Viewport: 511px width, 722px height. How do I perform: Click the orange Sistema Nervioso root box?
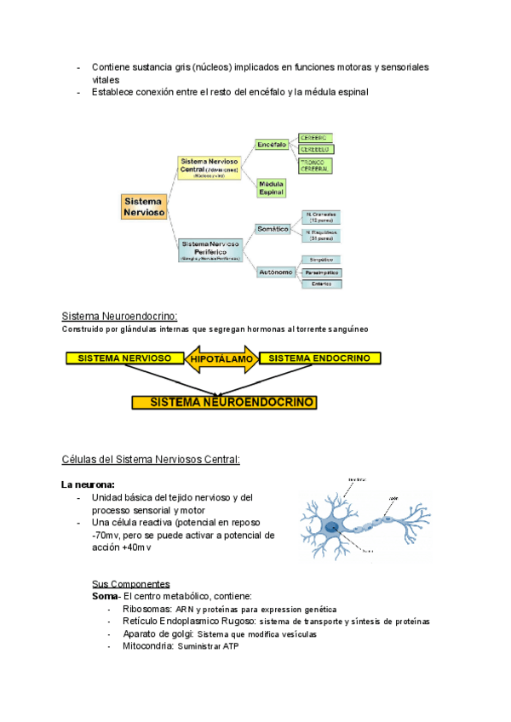(x=143, y=207)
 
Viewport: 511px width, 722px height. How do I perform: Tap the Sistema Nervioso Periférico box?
(x=210, y=249)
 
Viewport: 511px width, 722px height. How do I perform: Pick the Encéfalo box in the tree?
(x=271, y=145)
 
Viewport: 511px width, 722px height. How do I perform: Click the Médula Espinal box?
(x=272, y=188)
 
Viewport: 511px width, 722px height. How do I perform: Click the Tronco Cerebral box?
(x=315, y=164)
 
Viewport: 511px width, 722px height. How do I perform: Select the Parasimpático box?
(x=321, y=272)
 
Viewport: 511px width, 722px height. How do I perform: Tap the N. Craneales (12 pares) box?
(x=322, y=216)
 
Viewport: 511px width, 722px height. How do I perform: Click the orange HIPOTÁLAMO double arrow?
(x=222, y=359)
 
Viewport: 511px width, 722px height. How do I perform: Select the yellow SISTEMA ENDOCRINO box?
(x=319, y=358)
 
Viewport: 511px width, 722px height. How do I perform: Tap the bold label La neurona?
(x=88, y=484)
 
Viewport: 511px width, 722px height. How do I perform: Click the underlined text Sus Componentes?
(x=130, y=584)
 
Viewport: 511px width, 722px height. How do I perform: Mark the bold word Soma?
(x=105, y=596)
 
